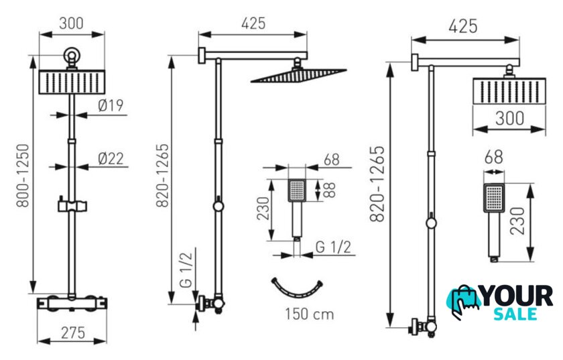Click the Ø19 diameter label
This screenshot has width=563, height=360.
[111, 105]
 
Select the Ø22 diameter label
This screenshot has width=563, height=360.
[111, 158]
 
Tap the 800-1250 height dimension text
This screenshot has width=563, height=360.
[23, 176]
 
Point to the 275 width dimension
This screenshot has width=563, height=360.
[73, 333]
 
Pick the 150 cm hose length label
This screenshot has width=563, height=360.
[310, 314]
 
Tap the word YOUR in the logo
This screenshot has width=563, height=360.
[517, 296]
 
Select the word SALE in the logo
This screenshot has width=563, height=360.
[515, 314]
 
